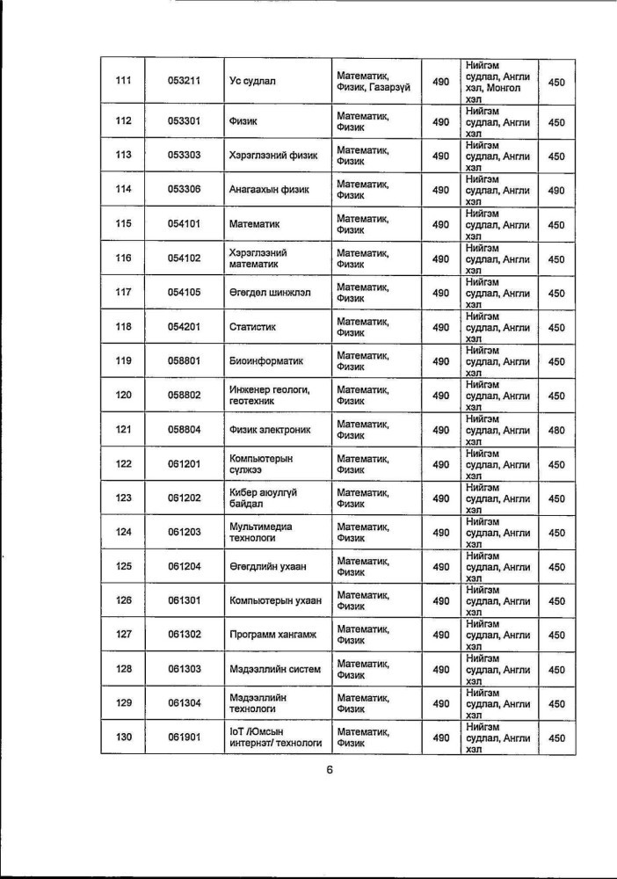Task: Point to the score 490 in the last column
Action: [x=555, y=190]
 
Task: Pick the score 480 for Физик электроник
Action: [x=555, y=430]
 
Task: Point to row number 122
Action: [x=123, y=464]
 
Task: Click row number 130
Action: [x=123, y=737]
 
